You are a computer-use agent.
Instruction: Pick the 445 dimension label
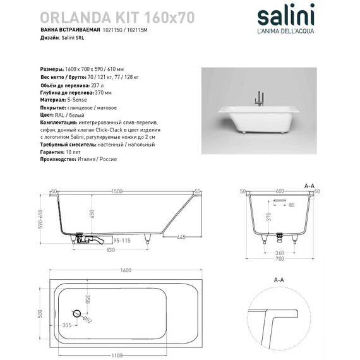[x=180, y=237]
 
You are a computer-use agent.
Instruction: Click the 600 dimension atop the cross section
[x=280, y=191]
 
